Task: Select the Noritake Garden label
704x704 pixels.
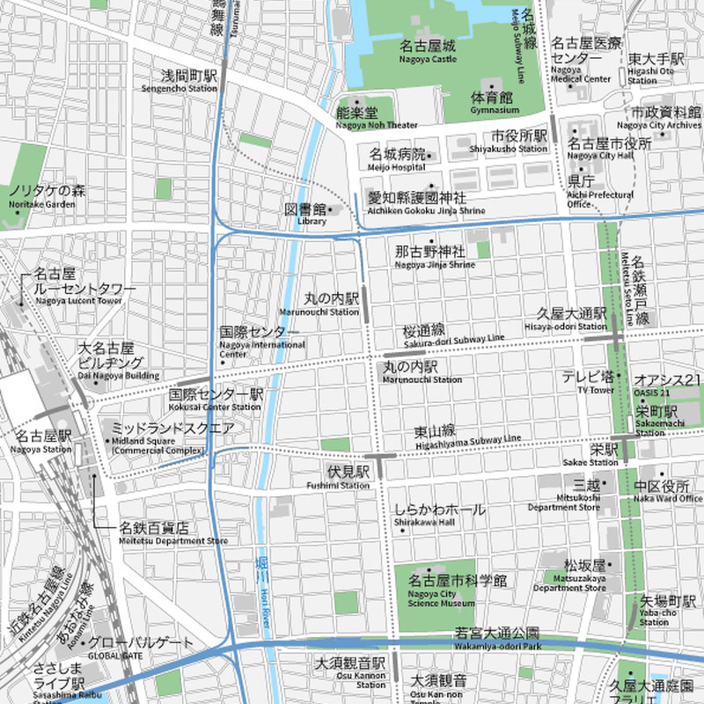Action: pos(42,196)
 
